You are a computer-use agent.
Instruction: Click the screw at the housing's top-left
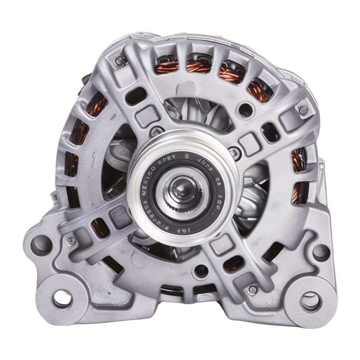tap(119, 59)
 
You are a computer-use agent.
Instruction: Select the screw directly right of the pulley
tap(232, 150)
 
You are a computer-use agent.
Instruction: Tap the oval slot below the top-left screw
tap(138, 95)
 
